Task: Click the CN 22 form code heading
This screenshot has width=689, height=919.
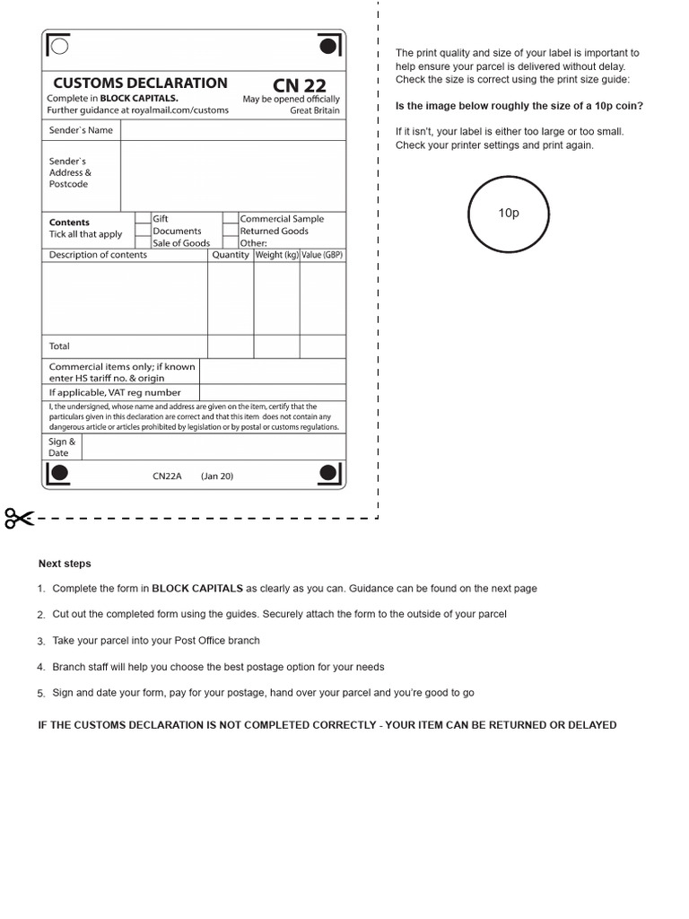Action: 300,85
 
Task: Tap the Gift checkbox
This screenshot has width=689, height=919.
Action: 143,218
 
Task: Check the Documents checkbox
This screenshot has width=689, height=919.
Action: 143,231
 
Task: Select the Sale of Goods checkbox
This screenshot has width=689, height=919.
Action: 143,242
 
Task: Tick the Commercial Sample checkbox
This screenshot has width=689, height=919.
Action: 231,218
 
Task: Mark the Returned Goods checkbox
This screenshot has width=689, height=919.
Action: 231,231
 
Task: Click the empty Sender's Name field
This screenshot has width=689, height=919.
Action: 232,130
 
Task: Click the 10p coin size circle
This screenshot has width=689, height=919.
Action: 509,214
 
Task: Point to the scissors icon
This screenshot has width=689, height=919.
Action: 19,518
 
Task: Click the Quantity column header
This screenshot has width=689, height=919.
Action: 231,255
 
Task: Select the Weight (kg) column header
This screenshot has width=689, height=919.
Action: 277,255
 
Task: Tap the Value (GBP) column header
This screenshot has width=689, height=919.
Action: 322,255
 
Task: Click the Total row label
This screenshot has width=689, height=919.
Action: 59,346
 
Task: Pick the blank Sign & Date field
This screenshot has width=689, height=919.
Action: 213,447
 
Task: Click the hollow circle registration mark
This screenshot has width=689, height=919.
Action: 59,46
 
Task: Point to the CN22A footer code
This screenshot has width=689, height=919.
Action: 167,477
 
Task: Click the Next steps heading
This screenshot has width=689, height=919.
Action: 65,564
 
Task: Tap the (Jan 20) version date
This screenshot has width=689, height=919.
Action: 216,477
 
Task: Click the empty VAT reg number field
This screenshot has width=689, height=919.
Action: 272,392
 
